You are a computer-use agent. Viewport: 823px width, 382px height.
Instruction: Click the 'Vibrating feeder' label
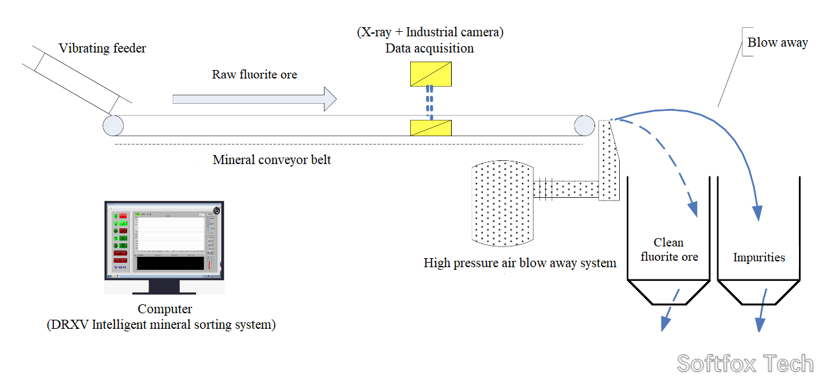(103, 49)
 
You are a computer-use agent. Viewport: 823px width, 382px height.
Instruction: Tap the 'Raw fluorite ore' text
(254, 75)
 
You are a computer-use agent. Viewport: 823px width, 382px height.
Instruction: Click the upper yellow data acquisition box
(431, 74)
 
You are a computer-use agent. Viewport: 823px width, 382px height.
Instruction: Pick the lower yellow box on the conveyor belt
(431, 128)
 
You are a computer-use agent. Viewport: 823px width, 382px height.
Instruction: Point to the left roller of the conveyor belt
(113, 125)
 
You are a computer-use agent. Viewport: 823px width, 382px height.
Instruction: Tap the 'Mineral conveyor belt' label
(272, 160)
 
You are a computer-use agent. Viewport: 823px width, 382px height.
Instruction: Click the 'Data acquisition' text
(430, 49)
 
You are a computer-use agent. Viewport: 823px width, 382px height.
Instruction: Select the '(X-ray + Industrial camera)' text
(430, 31)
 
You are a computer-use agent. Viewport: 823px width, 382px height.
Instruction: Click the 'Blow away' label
(778, 43)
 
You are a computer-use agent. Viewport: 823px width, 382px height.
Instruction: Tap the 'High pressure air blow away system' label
(520, 263)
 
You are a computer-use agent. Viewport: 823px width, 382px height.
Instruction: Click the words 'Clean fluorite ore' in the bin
(669, 250)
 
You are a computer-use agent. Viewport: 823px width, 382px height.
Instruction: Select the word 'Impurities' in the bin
(759, 257)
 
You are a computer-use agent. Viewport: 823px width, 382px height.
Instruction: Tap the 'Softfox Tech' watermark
(745, 364)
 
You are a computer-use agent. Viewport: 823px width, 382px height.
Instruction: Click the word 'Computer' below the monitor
(165, 309)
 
